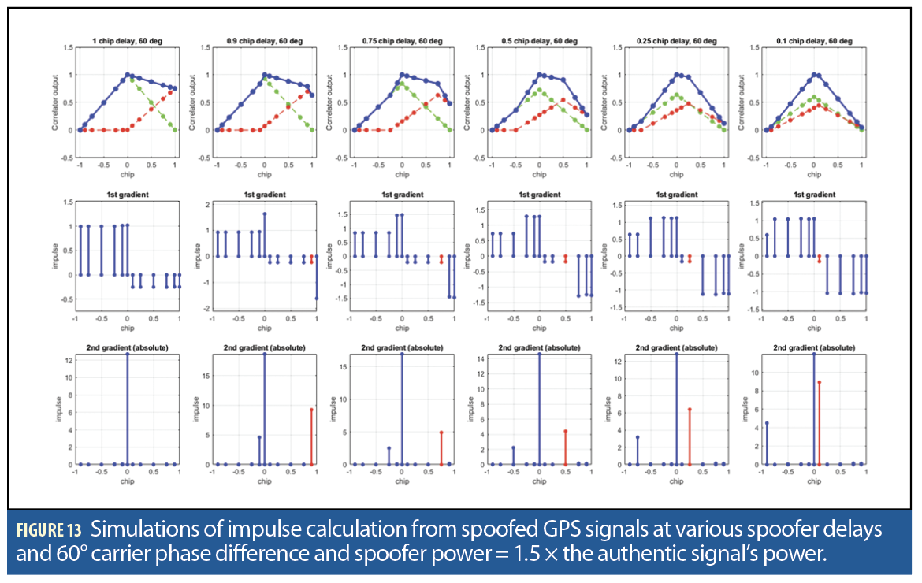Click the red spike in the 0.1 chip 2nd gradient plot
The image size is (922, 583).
coord(820,422)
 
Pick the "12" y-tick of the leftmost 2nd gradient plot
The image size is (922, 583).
coord(69,360)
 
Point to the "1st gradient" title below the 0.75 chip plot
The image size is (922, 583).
coord(402,194)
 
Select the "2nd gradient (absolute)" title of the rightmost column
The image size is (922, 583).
coord(814,347)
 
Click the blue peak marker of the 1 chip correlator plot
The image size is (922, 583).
coord(127,75)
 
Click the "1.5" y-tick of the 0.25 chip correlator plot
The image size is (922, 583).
coord(618,47)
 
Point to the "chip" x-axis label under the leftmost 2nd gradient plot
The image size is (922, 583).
coord(127,481)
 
